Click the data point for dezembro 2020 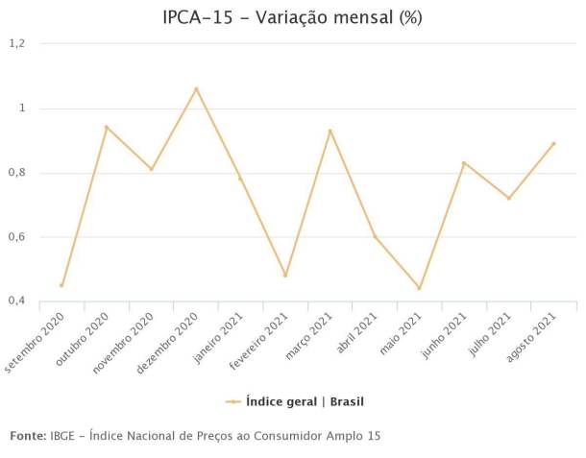196,89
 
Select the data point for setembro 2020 61,285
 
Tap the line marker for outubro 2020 107,127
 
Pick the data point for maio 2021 419,288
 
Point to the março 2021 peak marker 330,131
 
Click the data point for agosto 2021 553,144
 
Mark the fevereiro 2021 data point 285,276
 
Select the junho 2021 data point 464,163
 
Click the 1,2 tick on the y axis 16,44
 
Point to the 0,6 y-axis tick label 16,237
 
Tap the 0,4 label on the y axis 16,301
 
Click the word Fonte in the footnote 27,436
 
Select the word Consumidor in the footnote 272,436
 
